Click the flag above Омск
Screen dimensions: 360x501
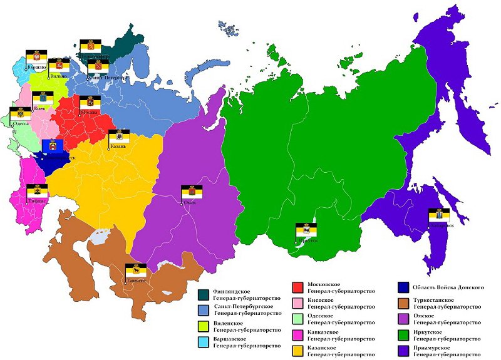click(x=192, y=192)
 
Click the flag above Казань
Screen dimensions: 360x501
click(x=119, y=136)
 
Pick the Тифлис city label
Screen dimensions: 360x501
click(x=37, y=201)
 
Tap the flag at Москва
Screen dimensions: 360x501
click(x=90, y=103)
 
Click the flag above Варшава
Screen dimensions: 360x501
click(x=35, y=56)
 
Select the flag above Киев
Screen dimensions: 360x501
click(x=42, y=99)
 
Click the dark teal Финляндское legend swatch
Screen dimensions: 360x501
click(x=204, y=294)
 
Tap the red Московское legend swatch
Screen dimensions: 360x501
click(x=299, y=288)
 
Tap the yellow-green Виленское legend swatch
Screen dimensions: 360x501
click(x=204, y=326)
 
